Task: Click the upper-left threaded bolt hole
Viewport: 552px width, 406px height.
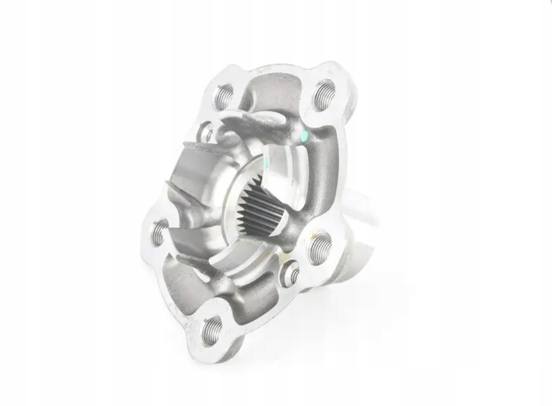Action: click(223, 97)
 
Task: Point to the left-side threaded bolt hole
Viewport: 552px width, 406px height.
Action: click(158, 232)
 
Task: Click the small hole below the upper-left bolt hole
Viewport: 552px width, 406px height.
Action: click(206, 131)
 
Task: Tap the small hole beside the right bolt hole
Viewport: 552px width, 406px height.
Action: click(292, 273)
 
